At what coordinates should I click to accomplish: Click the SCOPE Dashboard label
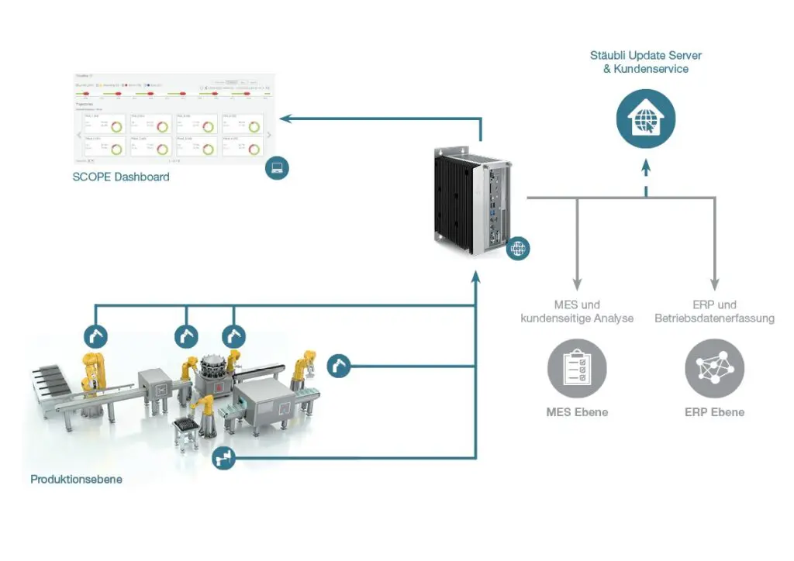point(121,177)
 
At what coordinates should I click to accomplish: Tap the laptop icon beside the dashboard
point(277,167)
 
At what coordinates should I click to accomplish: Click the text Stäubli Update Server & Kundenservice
point(646,62)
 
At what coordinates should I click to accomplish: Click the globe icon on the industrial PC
point(518,248)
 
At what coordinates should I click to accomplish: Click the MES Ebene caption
point(577,412)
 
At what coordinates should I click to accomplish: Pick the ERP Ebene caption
point(714,412)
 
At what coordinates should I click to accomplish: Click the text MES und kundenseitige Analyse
point(577,311)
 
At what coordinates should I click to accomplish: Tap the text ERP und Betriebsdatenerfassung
point(714,311)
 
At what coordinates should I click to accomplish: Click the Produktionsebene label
point(76,480)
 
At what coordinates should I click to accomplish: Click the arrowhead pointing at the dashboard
point(285,119)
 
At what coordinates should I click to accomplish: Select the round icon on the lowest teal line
point(224,458)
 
